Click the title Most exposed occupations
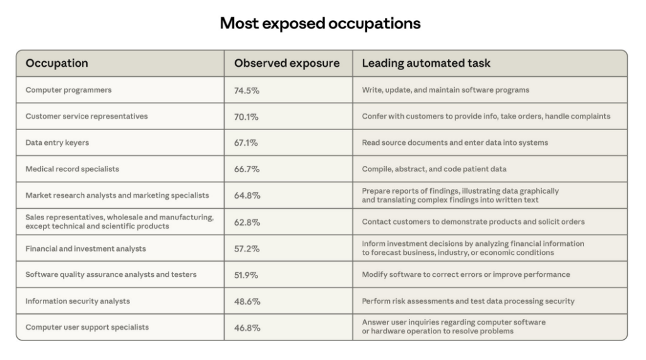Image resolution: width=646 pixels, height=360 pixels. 320,23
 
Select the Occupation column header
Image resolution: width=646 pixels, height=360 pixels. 57,64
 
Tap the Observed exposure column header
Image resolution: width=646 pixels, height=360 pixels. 286,64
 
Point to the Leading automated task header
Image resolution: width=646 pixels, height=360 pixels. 426,64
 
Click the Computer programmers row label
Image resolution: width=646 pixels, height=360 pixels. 68,90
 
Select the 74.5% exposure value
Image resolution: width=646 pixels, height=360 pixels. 247,91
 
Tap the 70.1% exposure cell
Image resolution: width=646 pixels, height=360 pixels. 246,117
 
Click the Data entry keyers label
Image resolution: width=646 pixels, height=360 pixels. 57,143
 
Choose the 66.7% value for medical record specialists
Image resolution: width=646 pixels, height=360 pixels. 247,170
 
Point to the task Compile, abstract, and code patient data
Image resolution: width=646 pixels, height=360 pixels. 434,170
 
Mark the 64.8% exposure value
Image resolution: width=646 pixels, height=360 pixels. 247,196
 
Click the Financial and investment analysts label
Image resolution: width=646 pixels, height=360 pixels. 86,249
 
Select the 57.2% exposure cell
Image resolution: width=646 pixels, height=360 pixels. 247,249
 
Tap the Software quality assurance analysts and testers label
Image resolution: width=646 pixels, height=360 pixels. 111,275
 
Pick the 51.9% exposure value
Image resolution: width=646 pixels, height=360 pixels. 247,276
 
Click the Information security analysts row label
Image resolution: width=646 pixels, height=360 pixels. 78,301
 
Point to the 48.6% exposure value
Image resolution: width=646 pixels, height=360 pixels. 247,302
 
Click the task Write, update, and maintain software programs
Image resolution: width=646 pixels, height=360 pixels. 445,90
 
